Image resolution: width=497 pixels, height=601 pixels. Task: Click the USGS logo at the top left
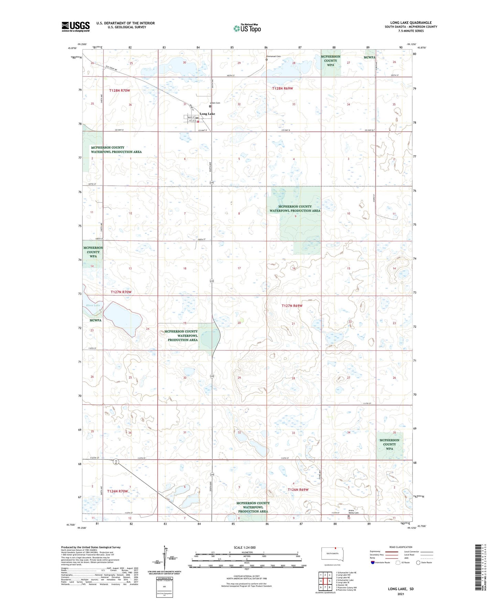[76, 27]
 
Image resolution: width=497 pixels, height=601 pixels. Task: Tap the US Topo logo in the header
[247, 28]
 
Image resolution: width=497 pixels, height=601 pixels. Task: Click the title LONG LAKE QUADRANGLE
[411, 23]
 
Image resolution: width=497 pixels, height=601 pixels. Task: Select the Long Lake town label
[207, 114]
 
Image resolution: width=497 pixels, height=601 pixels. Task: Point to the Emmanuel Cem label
[274, 56]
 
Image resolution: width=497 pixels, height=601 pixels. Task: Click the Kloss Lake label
[93, 305]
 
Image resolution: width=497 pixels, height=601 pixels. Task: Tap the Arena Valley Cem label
[353, 512]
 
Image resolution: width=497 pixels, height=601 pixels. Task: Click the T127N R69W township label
[292, 306]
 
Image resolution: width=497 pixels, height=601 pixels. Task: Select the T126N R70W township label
[117, 491]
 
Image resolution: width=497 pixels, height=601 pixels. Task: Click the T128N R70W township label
[119, 90]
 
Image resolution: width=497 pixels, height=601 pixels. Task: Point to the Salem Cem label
[215, 103]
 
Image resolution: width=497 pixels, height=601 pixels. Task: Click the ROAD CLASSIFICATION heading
[401, 547]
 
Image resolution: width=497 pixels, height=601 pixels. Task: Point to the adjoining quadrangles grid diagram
[325, 581]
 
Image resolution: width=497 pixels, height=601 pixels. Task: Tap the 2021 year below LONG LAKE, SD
[400, 594]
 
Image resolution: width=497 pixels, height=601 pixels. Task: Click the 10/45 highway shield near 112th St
[117, 462]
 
